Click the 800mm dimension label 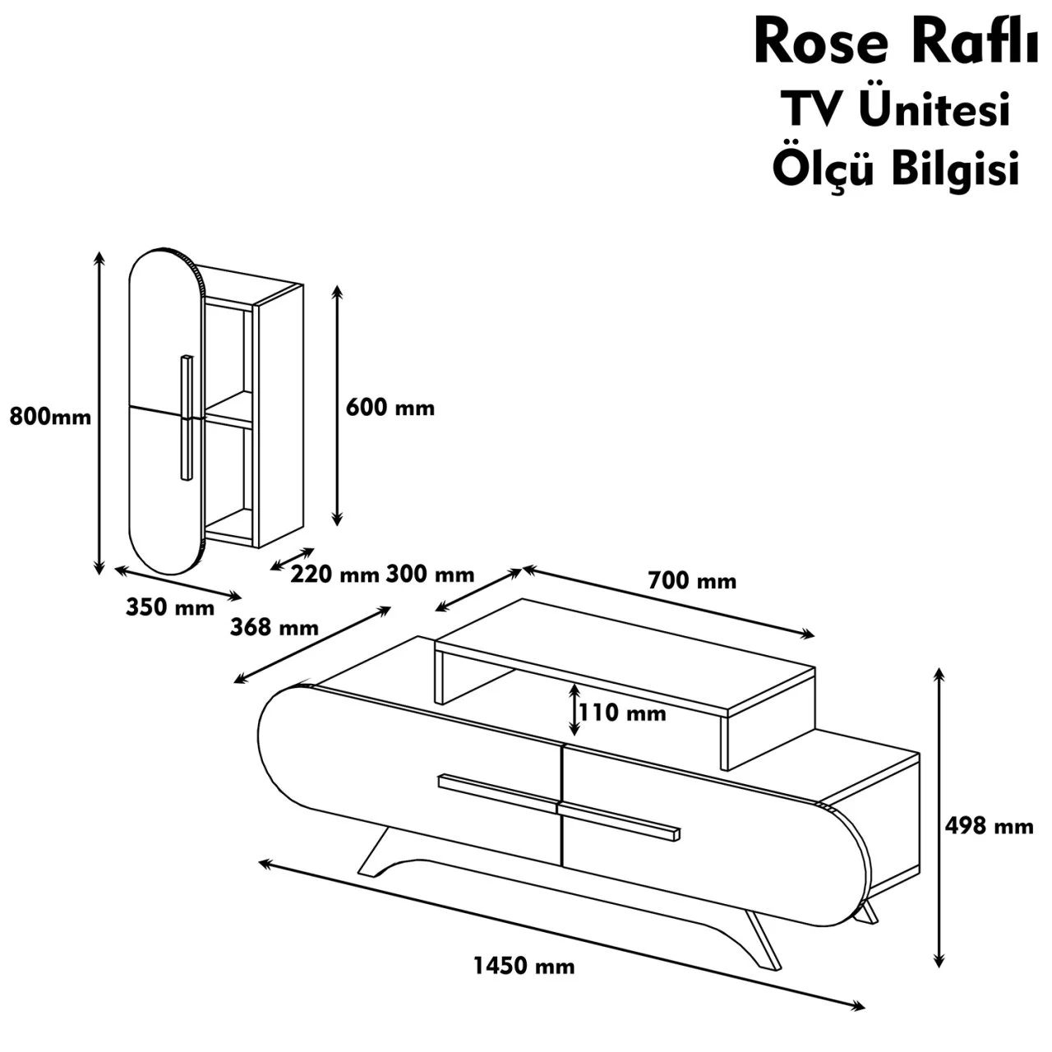pos(50,417)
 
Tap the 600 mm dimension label pos(390,407)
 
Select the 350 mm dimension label pos(170,607)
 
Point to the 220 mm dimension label pos(335,574)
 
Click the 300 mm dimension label pos(430,574)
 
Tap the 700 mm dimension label pos(692,581)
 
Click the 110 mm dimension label pos(622,713)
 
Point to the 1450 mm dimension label pos(524,966)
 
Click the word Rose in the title pos(821,44)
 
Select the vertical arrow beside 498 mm pos(939,818)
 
